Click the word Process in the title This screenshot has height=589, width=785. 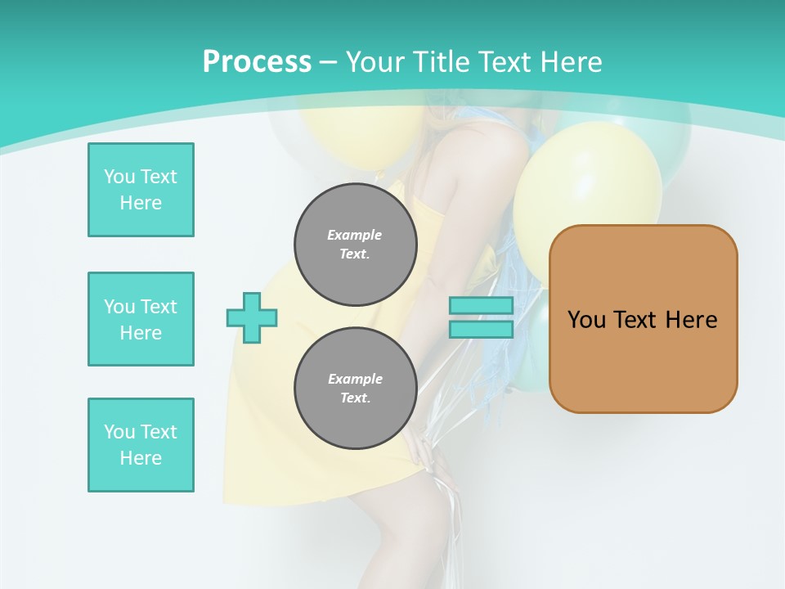tap(257, 62)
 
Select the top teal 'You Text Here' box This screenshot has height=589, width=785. tap(141, 190)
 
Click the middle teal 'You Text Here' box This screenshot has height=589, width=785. tap(141, 319)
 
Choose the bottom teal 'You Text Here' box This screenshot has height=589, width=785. tap(141, 445)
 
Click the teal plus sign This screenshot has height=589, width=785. tap(252, 317)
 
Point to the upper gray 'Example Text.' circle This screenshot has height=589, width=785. tap(356, 245)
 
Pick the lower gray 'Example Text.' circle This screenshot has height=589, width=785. tap(356, 388)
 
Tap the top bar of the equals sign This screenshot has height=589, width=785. tap(481, 306)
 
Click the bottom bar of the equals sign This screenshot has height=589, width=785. tap(481, 330)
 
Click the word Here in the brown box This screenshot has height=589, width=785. tap(691, 320)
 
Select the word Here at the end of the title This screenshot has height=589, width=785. tap(572, 62)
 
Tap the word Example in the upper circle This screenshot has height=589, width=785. tap(355, 235)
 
